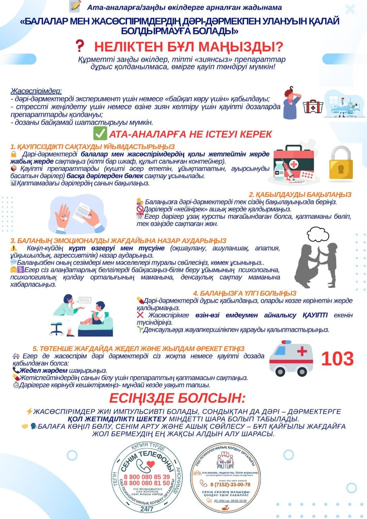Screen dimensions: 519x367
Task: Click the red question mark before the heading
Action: pos(80,46)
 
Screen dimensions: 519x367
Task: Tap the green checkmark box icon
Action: pos(100,133)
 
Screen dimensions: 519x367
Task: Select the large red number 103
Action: pos(337,359)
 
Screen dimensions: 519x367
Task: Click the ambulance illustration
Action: pos(292,358)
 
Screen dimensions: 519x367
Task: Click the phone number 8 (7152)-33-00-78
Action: pos(230,485)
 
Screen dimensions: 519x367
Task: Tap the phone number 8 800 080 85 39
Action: pos(147,476)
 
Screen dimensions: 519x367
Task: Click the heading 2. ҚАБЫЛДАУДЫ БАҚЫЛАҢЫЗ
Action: pos(300,195)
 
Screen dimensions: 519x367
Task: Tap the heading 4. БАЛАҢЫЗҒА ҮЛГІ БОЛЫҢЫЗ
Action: pos(245,293)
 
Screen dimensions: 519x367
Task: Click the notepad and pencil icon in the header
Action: pos(75,6)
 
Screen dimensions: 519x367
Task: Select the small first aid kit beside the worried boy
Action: pos(313,106)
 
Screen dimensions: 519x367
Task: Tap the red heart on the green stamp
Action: pos(150,464)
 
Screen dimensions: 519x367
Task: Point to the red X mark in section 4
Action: pos(140,315)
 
